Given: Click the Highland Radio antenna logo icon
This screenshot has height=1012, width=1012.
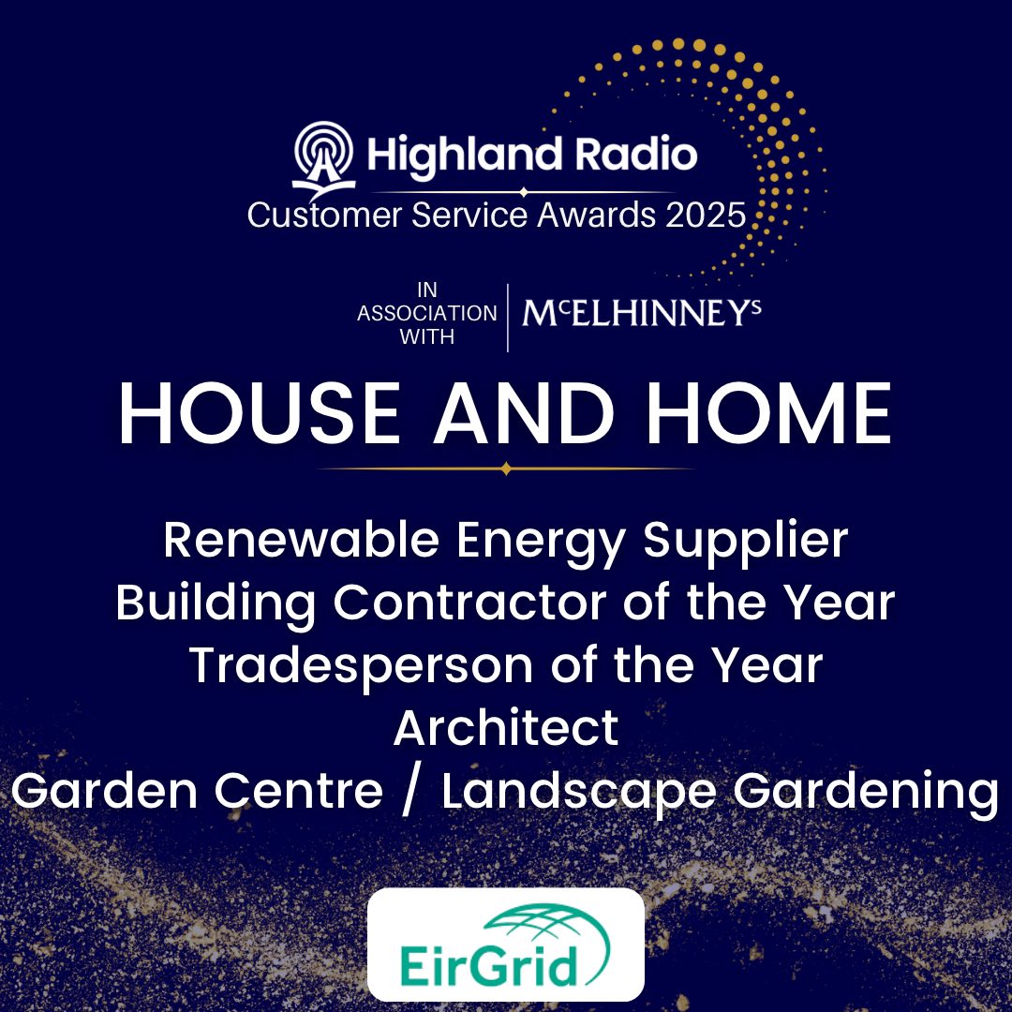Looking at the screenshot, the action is [x=324, y=159].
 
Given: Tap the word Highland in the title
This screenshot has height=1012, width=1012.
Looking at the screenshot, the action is [x=465, y=156].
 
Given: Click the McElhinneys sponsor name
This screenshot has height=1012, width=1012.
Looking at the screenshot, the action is [x=642, y=313].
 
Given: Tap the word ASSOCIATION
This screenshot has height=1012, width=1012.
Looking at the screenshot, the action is [x=427, y=314].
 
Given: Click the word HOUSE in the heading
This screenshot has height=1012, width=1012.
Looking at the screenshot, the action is [x=259, y=414].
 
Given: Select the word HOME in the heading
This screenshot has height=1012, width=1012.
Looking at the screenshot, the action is [x=769, y=414].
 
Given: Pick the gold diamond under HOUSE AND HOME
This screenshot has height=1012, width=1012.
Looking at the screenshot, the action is [x=506, y=469].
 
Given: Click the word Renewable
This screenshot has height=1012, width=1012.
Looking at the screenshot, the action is [x=302, y=540].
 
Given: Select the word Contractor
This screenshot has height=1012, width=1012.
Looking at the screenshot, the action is [x=469, y=603].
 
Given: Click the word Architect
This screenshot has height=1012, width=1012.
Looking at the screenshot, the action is [x=506, y=727].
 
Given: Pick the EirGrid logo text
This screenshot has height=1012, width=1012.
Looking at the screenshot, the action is [x=487, y=965].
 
